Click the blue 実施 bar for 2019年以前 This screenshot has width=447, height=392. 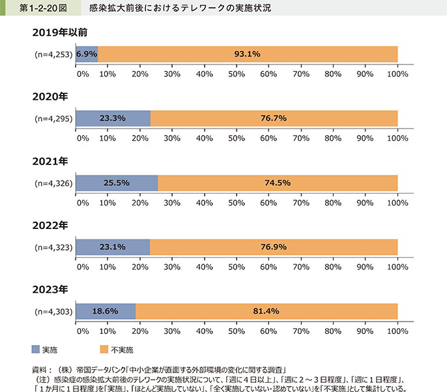87,54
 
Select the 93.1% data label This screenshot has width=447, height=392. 248,54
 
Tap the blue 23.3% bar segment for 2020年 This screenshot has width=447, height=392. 113,119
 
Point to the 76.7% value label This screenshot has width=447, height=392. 274,119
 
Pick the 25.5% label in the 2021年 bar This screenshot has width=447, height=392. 116,183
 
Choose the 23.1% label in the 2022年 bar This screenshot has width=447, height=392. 113,248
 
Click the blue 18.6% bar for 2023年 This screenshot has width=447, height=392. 106,312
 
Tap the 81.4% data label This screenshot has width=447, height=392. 267,312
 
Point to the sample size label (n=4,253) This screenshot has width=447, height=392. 54,54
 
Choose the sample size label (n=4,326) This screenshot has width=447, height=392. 54,183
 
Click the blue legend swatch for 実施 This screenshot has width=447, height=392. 35,348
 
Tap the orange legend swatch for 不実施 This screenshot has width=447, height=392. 104,348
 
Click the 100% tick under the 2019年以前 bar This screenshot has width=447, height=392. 397,74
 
